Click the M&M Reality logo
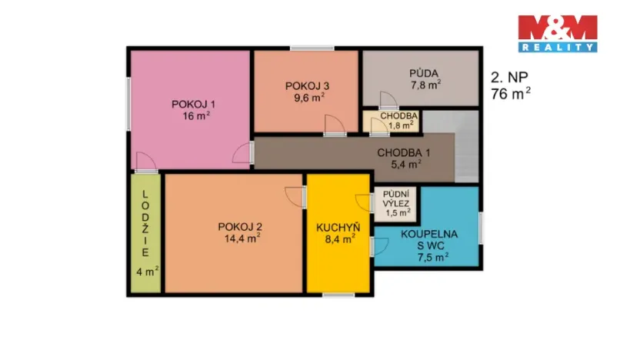pyautogui.click(x=557, y=33)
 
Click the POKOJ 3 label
pyautogui.click(x=307, y=85)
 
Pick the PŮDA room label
pyautogui.click(x=424, y=73)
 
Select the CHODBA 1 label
pyautogui.click(x=404, y=152)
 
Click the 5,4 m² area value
pyautogui.click(x=405, y=164)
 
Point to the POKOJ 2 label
pyautogui.click(x=240, y=226)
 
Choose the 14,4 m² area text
pyautogui.click(x=242, y=238)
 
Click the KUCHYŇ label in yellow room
pyautogui.click(x=338, y=227)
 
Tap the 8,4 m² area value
pyautogui.click(x=338, y=239)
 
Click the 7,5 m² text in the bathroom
pyautogui.click(x=433, y=257)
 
